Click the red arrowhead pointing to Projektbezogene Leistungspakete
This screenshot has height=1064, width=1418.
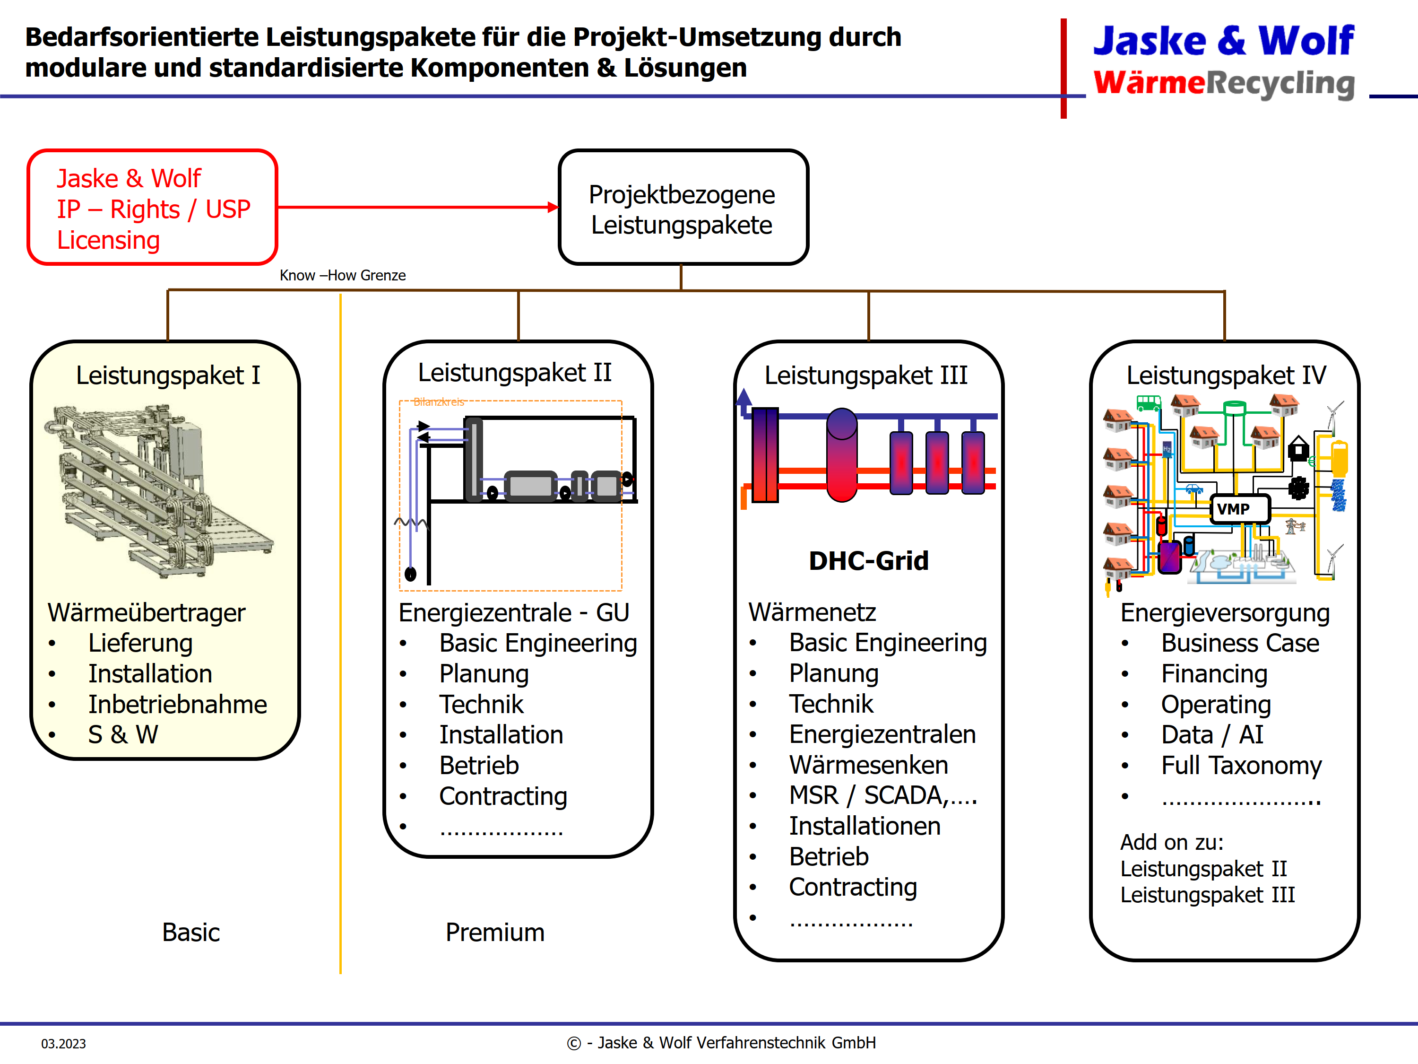click(x=553, y=207)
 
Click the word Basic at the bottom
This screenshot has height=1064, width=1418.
click(x=190, y=933)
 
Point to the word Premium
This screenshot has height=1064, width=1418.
click(x=495, y=933)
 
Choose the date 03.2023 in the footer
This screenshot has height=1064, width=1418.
click(x=63, y=1044)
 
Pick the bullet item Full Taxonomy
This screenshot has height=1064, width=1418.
click(x=1241, y=766)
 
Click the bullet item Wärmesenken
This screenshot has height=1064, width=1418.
click(x=868, y=765)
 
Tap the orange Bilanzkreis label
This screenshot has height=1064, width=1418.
click(x=439, y=402)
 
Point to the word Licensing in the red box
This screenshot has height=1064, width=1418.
click(x=108, y=241)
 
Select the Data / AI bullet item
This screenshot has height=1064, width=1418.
click(x=1211, y=735)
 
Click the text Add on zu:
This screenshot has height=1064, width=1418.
click(x=1172, y=842)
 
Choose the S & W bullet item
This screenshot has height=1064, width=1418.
click(x=123, y=735)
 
